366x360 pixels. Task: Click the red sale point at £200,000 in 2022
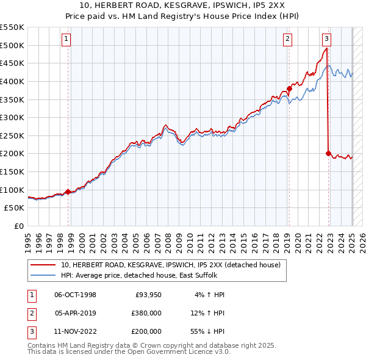click(x=328, y=153)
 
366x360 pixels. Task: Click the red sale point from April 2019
click(x=289, y=88)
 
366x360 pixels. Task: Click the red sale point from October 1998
click(x=68, y=192)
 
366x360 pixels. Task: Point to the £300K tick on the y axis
click(x=12, y=117)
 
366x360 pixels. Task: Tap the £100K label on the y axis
click(x=12, y=190)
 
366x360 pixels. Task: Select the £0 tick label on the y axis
click(x=18, y=226)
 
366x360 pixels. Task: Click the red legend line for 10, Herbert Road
click(x=43, y=265)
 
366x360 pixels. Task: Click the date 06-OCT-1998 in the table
click(x=76, y=295)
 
